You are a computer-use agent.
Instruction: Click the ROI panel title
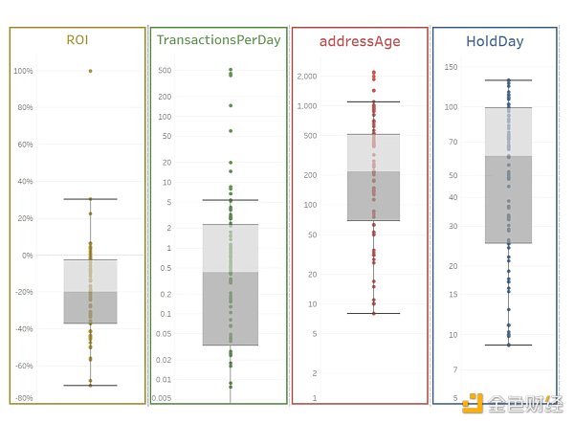[x=77, y=40]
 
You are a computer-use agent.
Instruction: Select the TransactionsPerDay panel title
[x=218, y=40]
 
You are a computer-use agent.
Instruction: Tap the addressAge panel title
[x=359, y=41]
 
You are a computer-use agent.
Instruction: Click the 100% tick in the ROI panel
[x=23, y=71]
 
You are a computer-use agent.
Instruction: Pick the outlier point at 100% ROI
[x=91, y=71]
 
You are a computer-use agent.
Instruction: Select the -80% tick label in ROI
[x=24, y=397]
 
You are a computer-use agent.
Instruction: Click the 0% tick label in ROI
[x=27, y=256]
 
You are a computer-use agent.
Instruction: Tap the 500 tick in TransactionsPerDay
[x=165, y=71]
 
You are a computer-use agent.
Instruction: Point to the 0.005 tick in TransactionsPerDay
[x=162, y=397]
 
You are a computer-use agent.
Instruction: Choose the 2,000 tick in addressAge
[x=307, y=76]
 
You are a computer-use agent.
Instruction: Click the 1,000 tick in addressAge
[x=307, y=105]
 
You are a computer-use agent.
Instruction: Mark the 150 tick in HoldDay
[x=451, y=67]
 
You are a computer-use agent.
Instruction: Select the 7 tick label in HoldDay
[x=454, y=369]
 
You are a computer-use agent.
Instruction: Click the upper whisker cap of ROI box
[x=91, y=199]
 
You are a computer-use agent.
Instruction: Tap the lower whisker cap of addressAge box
[x=373, y=313]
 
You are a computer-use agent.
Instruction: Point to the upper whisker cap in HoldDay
[x=508, y=80]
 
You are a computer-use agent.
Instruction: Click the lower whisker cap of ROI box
[x=91, y=386]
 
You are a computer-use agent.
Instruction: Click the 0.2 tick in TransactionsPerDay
[x=165, y=294]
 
